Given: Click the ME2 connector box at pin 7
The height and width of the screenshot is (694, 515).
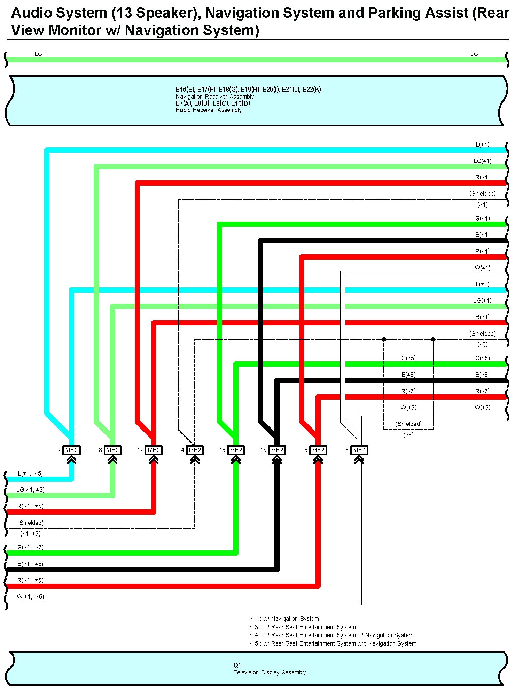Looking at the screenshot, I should pyautogui.click(x=71, y=450).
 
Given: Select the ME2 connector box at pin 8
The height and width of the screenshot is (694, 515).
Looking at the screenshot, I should pyautogui.click(x=112, y=450).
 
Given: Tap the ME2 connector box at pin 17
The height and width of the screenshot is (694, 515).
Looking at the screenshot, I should pyautogui.click(x=154, y=450).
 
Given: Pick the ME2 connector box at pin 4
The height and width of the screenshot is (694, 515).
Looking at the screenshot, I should pyautogui.click(x=195, y=450).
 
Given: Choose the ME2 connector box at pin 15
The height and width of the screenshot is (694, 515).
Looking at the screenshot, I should pyautogui.click(x=236, y=450).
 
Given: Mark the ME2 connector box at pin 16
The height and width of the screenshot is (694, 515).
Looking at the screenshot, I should pyautogui.click(x=277, y=450).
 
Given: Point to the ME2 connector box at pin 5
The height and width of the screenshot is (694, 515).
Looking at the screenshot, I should pyautogui.click(x=318, y=450).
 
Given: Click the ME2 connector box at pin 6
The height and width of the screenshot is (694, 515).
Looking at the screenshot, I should pyautogui.click(x=359, y=450).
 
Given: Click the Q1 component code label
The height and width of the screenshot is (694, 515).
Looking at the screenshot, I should pyautogui.click(x=237, y=665).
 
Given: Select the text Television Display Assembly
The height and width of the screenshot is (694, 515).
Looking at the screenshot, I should pyautogui.click(x=270, y=672).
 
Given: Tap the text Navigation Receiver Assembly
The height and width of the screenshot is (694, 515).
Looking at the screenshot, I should pyautogui.click(x=214, y=97).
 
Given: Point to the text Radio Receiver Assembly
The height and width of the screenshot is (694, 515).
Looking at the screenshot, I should pyautogui.click(x=209, y=110).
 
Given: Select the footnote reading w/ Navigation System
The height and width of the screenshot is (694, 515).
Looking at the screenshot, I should pyautogui.click(x=284, y=619).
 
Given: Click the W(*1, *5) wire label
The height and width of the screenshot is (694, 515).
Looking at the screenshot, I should pyautogui.click(x=30, y=597).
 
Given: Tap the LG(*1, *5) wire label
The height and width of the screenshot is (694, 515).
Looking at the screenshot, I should pyautogui.click(x=30, y=490).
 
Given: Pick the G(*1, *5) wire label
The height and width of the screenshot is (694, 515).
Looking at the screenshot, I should pyautogui.click(x=30, y=547).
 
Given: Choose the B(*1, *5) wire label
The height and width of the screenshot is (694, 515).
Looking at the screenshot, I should pyautogui.click(x=30, y=564).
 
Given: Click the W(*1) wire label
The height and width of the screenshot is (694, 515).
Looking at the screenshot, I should pyautogui.click(x=482, y=268).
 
